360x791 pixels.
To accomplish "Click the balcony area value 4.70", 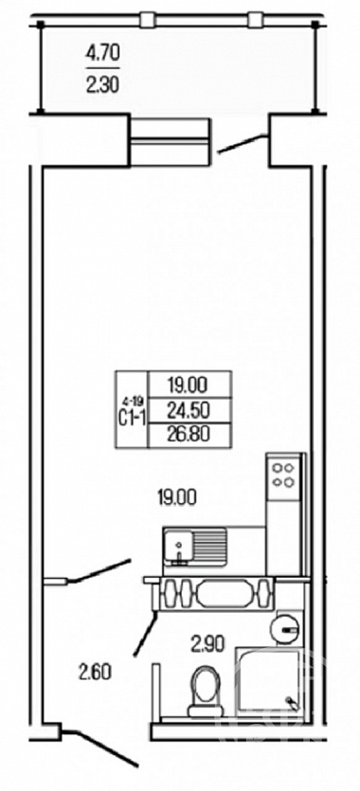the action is (x=103, y=53).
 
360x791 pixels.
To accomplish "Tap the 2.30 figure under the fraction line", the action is (x=103, y=84).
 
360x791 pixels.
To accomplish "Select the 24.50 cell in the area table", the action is (x=187, y=410).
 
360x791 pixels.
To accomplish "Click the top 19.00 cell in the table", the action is (x=187, y=385).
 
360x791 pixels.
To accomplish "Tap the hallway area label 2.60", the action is (x=95, y=672).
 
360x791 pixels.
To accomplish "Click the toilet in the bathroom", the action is (x=205, y=691).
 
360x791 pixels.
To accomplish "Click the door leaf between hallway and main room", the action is (x=99, y=570).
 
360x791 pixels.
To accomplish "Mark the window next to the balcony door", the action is (x=170, y=141).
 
